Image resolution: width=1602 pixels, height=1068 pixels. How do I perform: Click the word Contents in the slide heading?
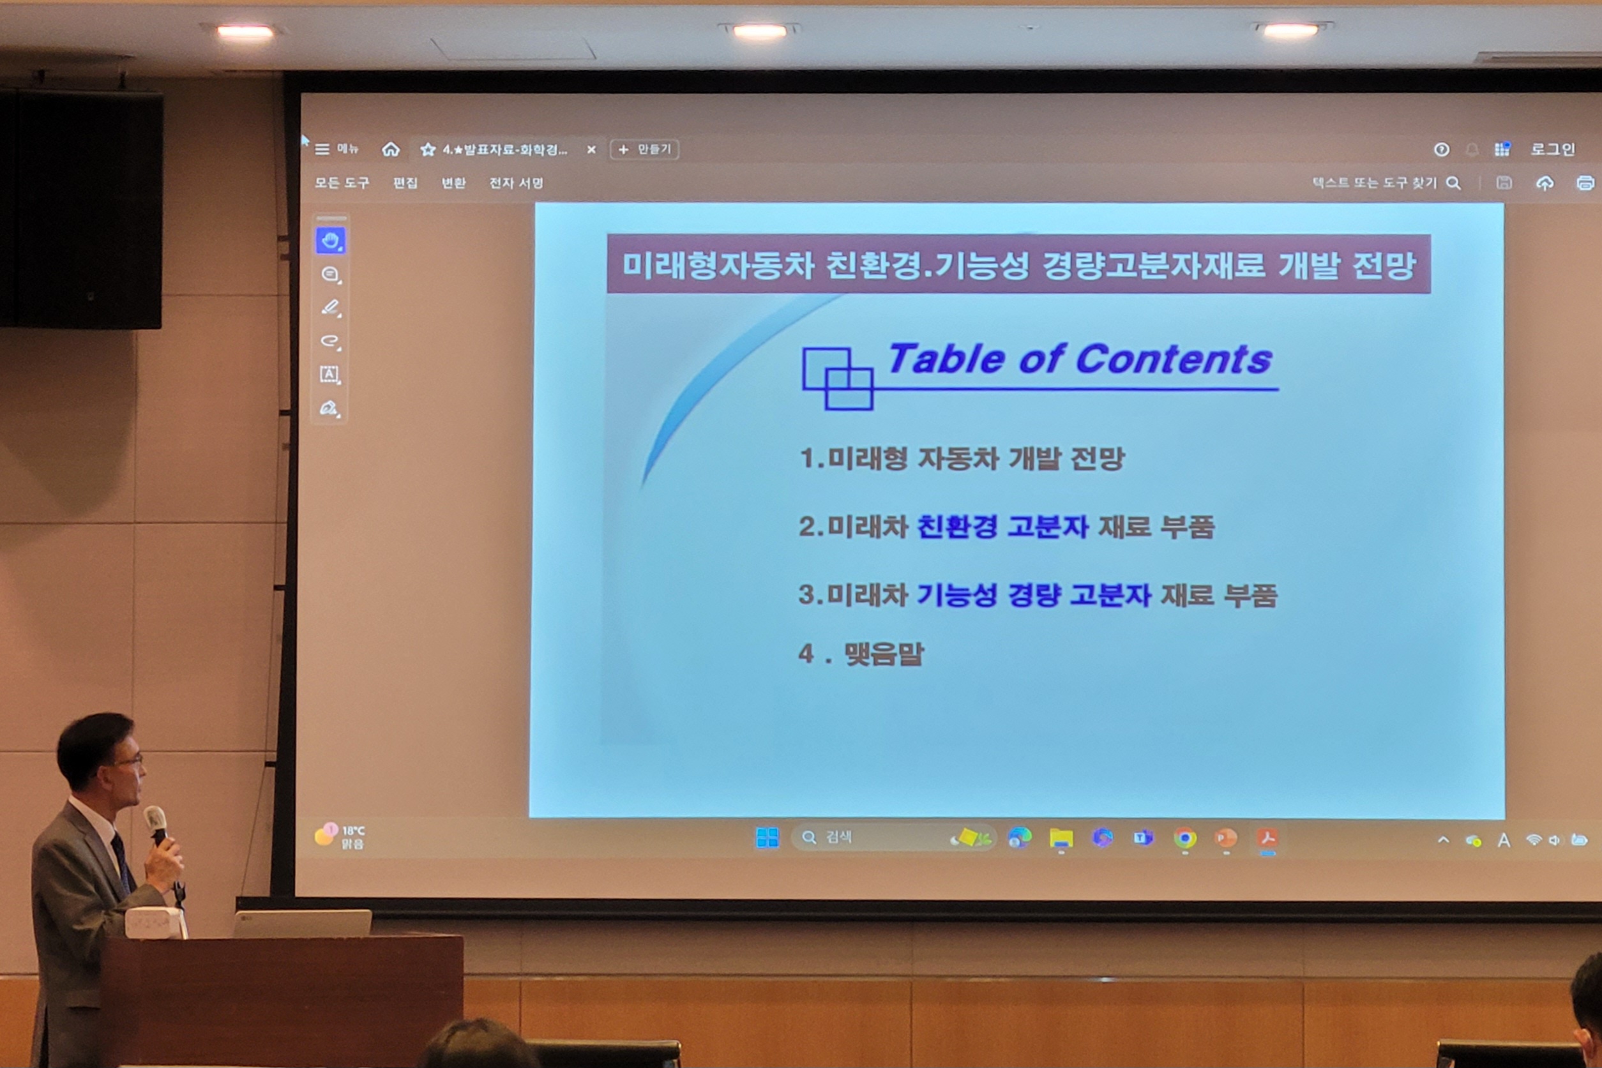point(1174,359)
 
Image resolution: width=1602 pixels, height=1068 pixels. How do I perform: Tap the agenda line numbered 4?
point(861,654)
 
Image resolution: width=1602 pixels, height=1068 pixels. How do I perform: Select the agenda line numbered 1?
point(962,458)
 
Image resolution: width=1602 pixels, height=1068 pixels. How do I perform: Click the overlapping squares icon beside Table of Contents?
point(837,379)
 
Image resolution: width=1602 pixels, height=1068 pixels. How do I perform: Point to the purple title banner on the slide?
point(1018,264)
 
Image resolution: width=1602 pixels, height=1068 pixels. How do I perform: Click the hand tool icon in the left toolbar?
point(330,241)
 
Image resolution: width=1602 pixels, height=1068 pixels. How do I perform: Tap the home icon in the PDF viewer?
point(390,149)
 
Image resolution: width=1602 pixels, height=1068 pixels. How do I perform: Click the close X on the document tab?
point(591,150)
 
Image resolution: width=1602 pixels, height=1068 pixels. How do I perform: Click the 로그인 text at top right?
point(1552,149)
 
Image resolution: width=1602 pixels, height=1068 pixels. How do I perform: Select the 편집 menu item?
point(405,183)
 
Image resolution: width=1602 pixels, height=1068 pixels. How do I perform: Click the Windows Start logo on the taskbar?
point(767,838)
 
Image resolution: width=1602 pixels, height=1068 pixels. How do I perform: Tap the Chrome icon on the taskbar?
point(1184,838)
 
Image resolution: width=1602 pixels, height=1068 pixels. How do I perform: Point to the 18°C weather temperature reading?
point(353,831)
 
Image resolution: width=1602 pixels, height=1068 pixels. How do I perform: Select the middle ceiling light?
point(759,31)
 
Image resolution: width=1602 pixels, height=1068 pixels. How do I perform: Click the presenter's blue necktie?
point(122,862)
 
